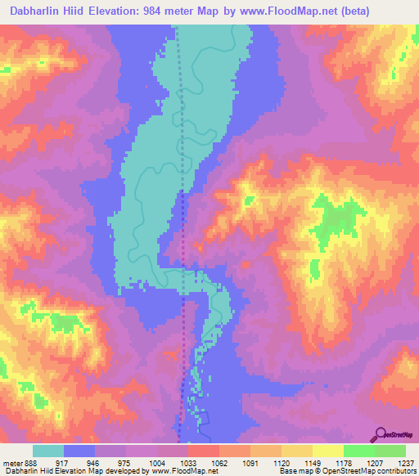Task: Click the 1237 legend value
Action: [406, 463]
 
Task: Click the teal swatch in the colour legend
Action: [48, 451]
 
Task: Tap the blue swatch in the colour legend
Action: [79, 451]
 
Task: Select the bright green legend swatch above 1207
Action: [358, 451]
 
